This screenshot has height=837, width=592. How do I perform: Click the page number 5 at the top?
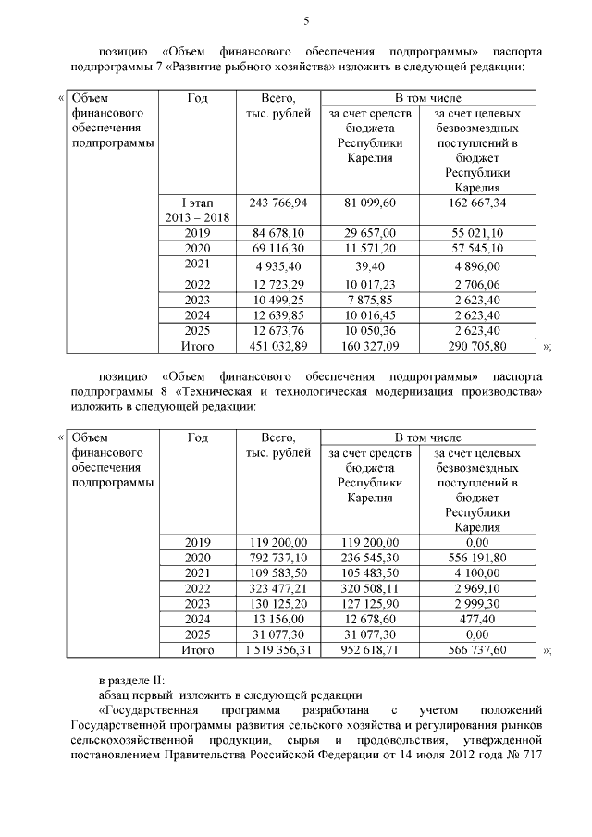(306, 21)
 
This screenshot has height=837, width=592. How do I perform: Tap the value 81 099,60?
(370, 202)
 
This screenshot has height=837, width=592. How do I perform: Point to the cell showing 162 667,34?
(478, 202)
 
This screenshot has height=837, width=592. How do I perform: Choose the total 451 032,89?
(277, 347)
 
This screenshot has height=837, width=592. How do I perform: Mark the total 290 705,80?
(478, 347)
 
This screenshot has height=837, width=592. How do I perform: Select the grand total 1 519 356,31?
(277, 650)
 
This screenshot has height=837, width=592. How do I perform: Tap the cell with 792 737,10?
(277, 558)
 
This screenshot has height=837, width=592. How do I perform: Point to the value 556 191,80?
(478, 558)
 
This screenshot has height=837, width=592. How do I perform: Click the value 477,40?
(478, 619)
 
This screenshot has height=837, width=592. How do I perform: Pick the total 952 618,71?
(370, 650)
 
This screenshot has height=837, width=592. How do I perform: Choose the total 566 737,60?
(478, 650)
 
